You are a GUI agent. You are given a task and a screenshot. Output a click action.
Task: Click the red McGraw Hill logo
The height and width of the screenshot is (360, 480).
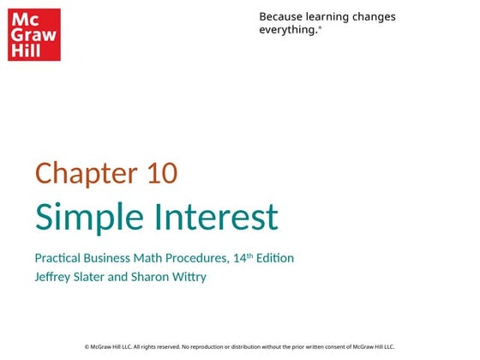[x=34, y=35]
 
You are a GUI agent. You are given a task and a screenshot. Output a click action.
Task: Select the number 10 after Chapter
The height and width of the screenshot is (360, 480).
[x=162, y=173]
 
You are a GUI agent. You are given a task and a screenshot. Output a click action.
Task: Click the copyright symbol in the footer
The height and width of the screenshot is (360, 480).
[x=87, y=346]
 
